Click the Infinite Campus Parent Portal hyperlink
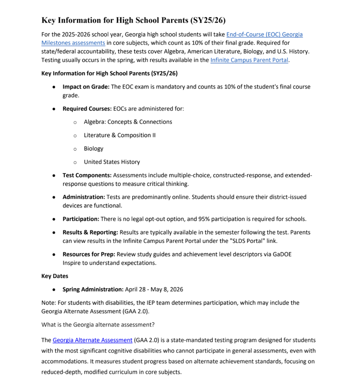click(x=249, y=60)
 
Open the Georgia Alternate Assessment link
click(x=92, y=340)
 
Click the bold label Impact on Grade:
click(x=86, y=87)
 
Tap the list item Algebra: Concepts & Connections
click(x=128, y=122)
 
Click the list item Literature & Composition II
click(x=119, y=135)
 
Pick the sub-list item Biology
click(x=93, y=149)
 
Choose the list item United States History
click(x=111, y=162)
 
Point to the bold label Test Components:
click(x=87, y=175)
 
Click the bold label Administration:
click(x=84, y=197)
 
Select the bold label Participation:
click(x=81, y=219)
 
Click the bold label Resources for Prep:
click(x=88, y=254)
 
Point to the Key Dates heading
click(x=55, y=276)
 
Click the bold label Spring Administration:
click(x=93, y=289)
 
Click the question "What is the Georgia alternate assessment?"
click(x=98, y=325)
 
